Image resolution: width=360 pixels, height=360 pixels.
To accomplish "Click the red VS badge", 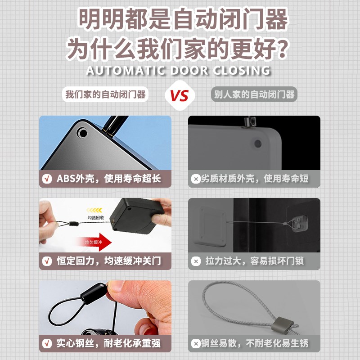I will tap(179, 95).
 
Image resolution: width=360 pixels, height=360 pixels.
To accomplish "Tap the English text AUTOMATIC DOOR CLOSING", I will tap(178, 71).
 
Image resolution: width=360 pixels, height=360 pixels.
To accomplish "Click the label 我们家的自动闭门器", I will tap(106, 94).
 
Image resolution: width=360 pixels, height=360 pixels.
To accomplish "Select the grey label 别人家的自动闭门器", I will tap(254, 94).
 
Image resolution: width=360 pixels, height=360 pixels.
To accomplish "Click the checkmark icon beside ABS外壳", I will tap(47, 179).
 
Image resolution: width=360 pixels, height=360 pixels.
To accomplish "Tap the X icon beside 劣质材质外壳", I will tap(196, 179).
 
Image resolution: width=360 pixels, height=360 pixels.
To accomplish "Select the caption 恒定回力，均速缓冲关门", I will tap(108, 261).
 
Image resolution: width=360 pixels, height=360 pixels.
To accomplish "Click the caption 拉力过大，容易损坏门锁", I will tap(255, 261).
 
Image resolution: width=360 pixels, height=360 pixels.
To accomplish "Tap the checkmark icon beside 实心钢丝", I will tap(47, 344).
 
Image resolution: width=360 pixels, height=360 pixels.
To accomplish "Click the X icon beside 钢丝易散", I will tap(196, 344).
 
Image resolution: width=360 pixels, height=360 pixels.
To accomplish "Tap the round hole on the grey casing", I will tap(257, 144).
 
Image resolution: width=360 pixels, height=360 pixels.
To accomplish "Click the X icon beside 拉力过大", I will tap(196, 261).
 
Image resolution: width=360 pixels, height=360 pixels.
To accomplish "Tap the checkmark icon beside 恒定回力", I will tap(47, 261).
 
